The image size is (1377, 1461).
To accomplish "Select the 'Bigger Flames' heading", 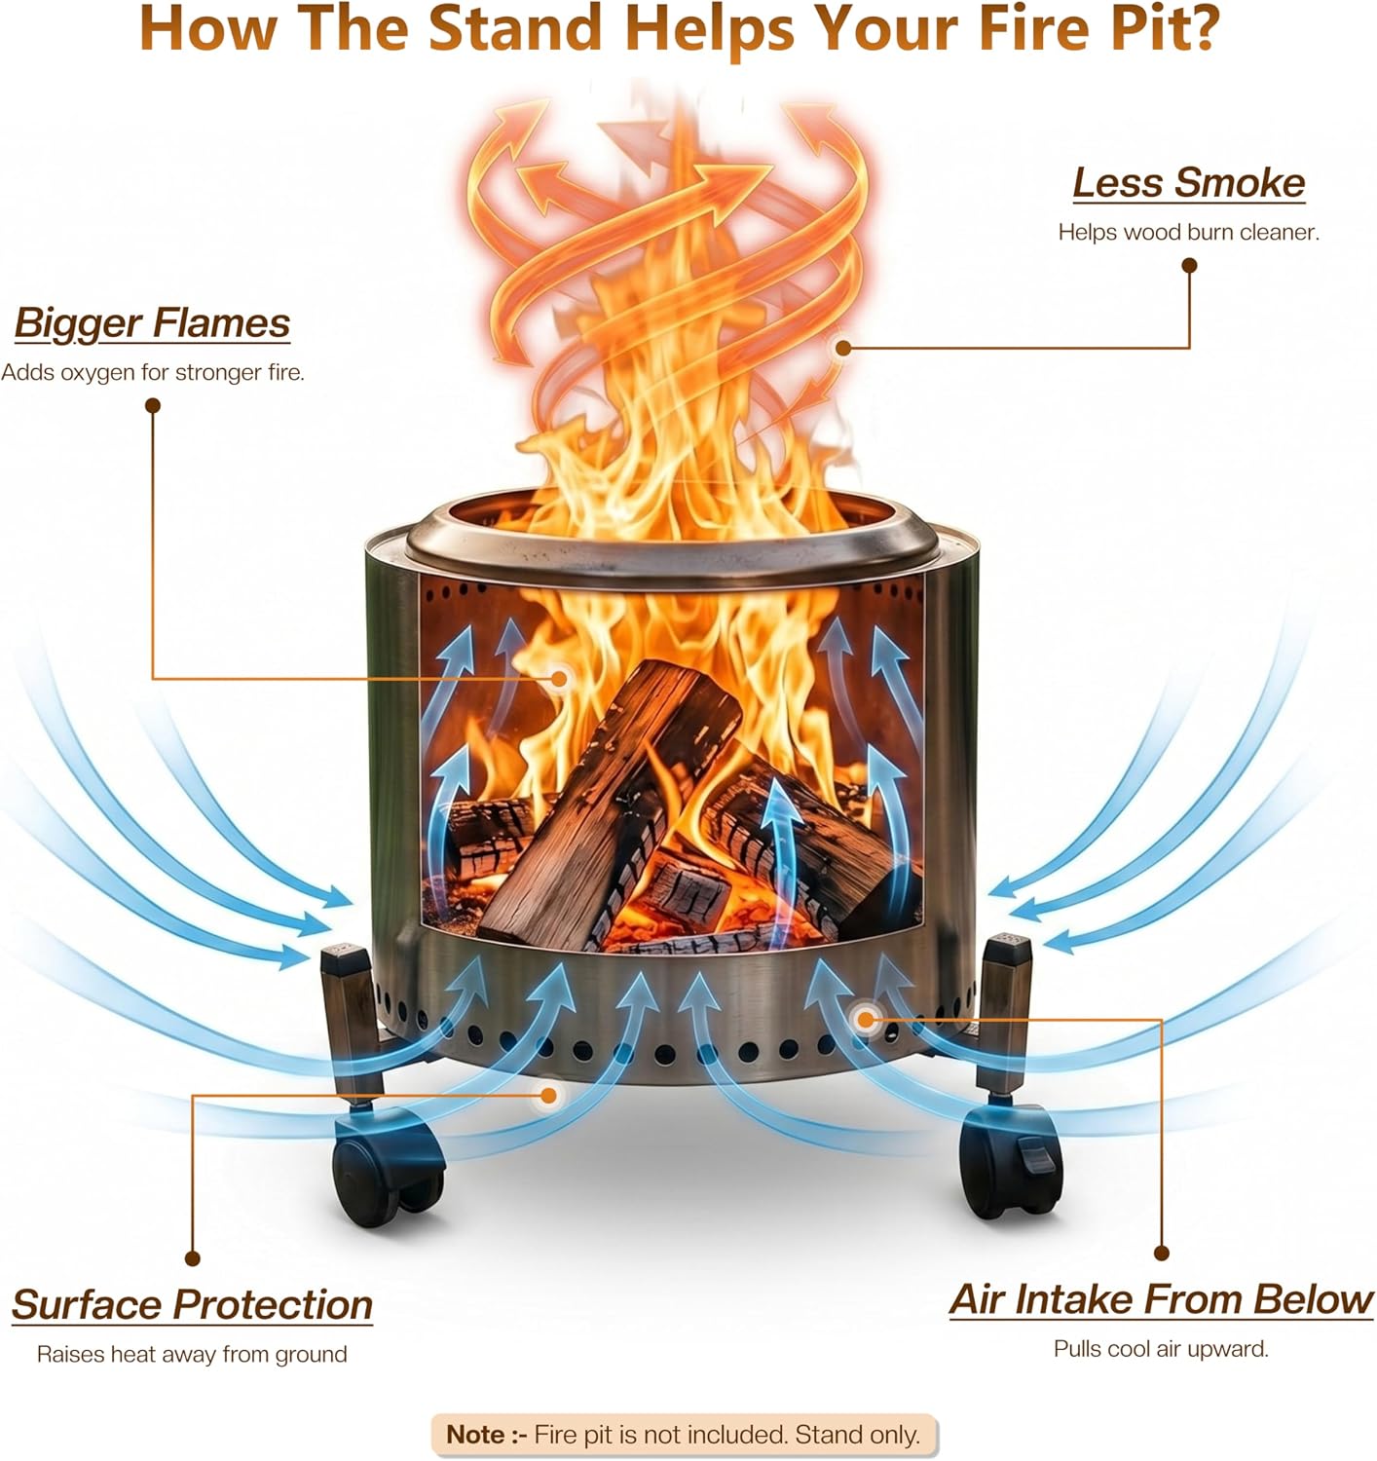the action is coord(152,323).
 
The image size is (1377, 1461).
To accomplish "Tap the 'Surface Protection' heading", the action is coord(192,1304).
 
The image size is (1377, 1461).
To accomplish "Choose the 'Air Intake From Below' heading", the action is coord(1161,1299).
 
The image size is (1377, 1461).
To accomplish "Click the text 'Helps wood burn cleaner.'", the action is coord(1188,233).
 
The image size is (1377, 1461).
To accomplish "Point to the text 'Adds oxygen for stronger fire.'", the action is coord(152,372).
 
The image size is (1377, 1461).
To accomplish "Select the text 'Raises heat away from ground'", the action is coord(192,1354).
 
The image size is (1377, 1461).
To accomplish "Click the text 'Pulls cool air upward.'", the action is coord(1161,1348).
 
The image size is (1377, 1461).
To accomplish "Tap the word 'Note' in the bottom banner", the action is coord(475,1434).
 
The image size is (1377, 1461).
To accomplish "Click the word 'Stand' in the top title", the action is coord(515,28).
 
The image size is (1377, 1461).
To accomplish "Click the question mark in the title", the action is coord(1200,28).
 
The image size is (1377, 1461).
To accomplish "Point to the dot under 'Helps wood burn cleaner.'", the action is coord(1189,266).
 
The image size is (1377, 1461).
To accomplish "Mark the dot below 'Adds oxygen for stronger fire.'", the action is coord(152,405).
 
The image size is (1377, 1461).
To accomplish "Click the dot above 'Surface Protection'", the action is coord(192,1258).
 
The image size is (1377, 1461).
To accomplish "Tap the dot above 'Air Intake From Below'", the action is coord(1161,1253).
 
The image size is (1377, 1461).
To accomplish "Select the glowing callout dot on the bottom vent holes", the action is coord(866,1019).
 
